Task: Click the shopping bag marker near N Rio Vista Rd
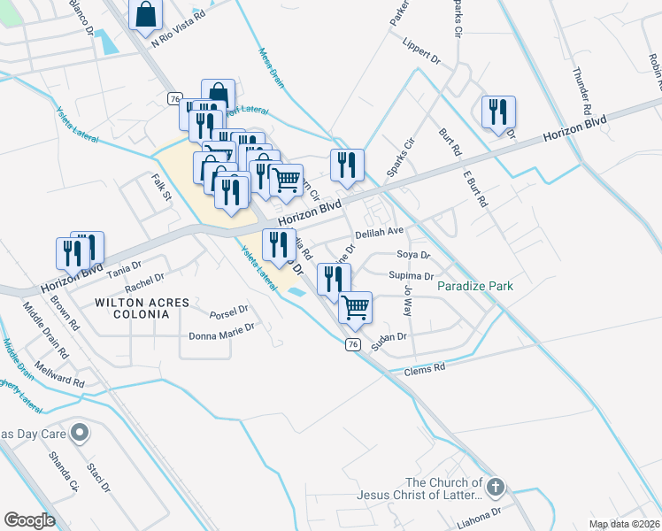click(x=146, y=15)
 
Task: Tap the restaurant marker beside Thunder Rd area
click(x=498, y=112)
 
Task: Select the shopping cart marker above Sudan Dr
click(x=355, y=307)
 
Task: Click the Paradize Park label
click(x=475, y=287)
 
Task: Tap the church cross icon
click(x=496, y=487)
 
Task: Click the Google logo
click(x=29, y=520)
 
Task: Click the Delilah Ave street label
click(x=379, y=232)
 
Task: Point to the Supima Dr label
click(x=411, y=276)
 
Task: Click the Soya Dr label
click(x=413, y=255)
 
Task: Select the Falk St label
click(x=160, y=187)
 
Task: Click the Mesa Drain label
click(x=273, y=66)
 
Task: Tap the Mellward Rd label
click(x=60, y=379)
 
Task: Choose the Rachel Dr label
click(x=144, y=282)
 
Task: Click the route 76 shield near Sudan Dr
click(x=353, y=343)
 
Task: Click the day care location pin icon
click(x=80, y=433)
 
